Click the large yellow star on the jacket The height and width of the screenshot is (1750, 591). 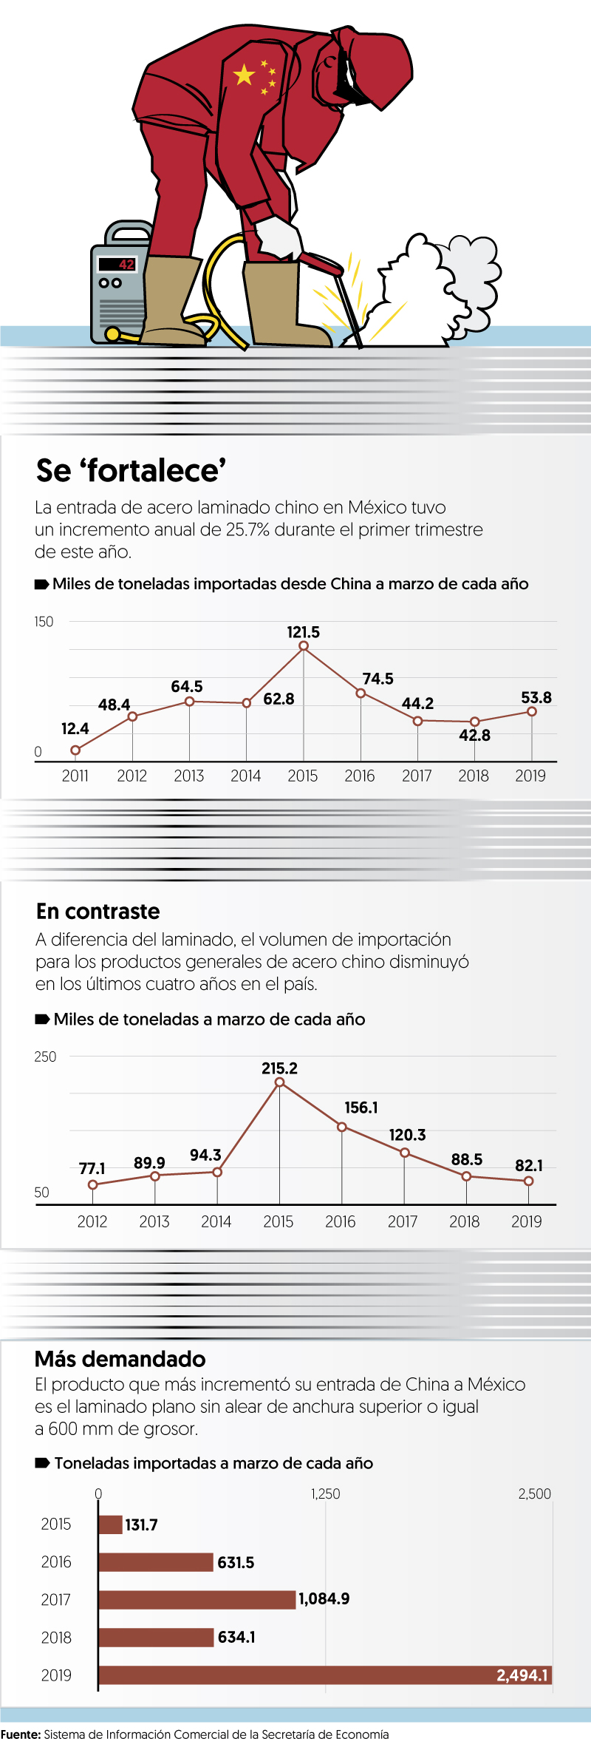[244, 75]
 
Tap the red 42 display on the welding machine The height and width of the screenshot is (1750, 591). [126, 264]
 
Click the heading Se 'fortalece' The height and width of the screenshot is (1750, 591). [131, 471]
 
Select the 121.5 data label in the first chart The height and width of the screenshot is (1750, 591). [303, 632]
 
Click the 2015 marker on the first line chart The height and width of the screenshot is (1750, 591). [304, 646]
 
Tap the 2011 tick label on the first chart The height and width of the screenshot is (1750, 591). [75, 776]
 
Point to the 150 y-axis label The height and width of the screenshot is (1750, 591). [44, 622]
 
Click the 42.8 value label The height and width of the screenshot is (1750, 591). [474, 735]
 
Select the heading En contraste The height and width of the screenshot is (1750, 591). [98, 911]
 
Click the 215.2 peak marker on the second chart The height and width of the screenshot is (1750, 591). [279, 1082]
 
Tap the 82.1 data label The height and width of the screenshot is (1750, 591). [529, 1165]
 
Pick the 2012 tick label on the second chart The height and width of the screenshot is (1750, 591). [92, 1221]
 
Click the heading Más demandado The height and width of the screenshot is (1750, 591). [120, 1359]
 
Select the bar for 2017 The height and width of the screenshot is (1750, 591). [197, 1599]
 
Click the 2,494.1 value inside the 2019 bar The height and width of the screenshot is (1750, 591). [522, 1675]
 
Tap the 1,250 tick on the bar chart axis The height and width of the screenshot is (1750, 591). [325, 1493]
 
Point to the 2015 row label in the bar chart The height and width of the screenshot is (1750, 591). [56, 1524]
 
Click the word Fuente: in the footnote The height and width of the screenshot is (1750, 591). [21, 1734]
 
